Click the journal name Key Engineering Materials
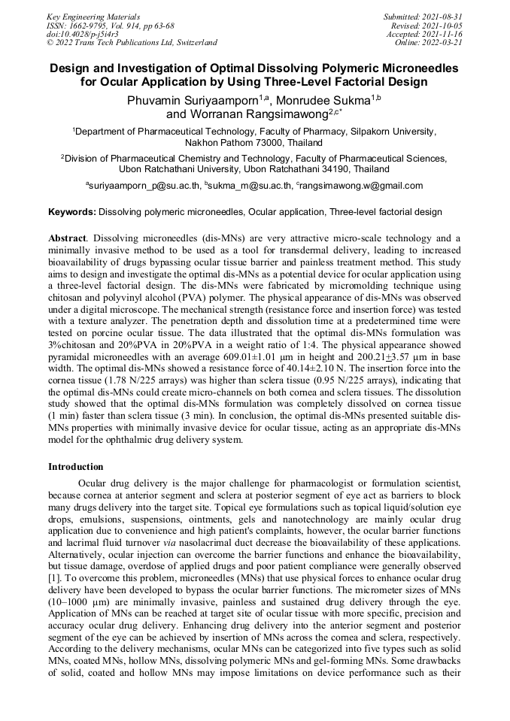point(93,16)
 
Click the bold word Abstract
point(66,238)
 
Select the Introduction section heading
point(75,467)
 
